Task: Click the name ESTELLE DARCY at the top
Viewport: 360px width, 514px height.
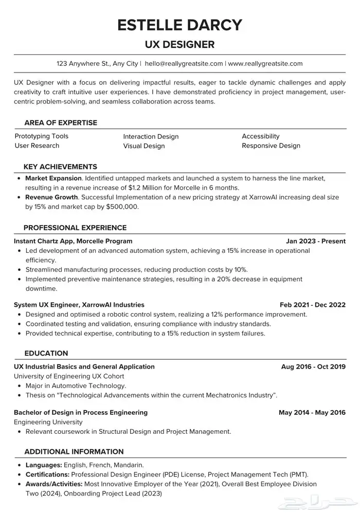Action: coord(179,25)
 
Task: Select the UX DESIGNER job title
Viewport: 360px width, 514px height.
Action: coord(179,45)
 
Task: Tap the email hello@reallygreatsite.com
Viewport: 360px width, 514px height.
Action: coord(184,64)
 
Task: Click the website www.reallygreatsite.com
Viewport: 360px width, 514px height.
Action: coord(265,64)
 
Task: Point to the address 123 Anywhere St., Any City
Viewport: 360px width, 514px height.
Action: coord(97,64)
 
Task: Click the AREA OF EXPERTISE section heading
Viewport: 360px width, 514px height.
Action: coord(61,123)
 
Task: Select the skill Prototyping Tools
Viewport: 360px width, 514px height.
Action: coord(41,136)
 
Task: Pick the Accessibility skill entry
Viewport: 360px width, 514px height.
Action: coord(261,136)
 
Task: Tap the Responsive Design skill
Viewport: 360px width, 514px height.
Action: coord(271,145)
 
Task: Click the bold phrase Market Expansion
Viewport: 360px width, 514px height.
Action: coord(53,178)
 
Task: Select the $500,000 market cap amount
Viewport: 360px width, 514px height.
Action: coord(122,207)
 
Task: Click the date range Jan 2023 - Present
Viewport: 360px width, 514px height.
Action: coord(316,241)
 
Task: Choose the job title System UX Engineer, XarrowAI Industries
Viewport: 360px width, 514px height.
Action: coord(79,305)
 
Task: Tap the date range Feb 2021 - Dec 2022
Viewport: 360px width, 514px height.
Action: coord(313,305)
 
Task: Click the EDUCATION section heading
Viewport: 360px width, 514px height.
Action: coord(46,353)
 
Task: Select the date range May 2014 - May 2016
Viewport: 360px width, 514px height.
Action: coord(312,412)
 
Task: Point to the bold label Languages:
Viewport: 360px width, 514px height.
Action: coord(43,465)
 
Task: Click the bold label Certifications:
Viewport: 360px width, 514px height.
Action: coord(48,474)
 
